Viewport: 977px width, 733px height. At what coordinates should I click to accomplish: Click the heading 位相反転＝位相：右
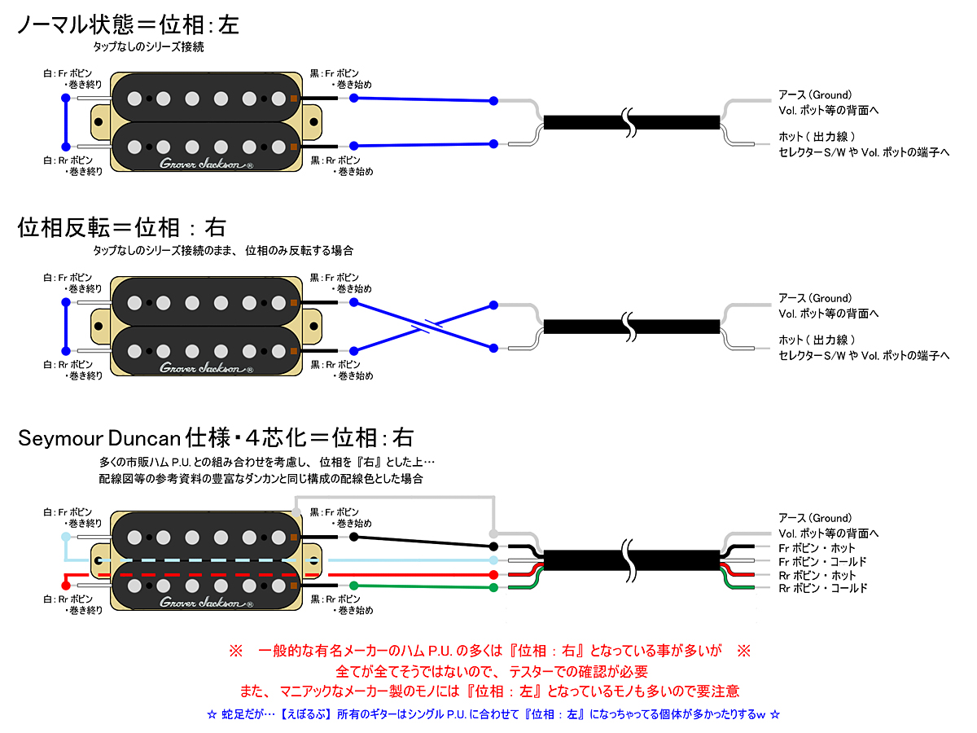click(121, 227)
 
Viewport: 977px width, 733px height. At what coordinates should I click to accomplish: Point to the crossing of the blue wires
click(423, 327)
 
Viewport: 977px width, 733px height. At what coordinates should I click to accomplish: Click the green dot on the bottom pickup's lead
click(353, 586)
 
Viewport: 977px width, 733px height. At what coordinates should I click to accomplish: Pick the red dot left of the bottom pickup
click(66, 585)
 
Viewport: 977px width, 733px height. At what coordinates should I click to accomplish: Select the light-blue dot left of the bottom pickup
click(66, 537)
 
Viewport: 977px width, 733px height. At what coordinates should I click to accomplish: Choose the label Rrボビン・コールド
click(822, 588)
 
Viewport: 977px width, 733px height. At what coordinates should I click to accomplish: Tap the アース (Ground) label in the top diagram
click(814, 94)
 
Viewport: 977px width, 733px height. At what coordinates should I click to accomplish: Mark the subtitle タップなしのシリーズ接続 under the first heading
click(148, 47)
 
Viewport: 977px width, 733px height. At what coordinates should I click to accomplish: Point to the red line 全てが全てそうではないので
click(492, 672)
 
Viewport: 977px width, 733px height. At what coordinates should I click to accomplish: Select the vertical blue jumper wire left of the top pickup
click(65, 122)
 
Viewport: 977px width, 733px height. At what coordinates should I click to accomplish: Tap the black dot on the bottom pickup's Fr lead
click(353, 538)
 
